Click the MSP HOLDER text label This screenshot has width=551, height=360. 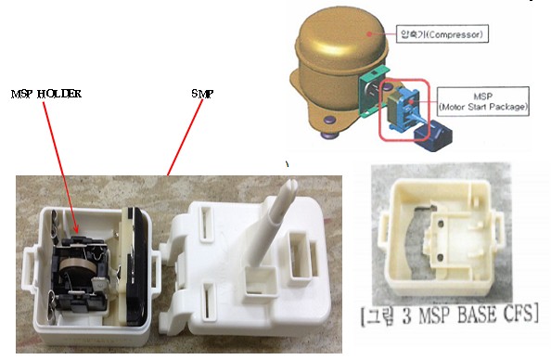click(46, 94)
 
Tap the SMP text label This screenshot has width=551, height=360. click(202, 94)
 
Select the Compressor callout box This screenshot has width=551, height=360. click(442, 33)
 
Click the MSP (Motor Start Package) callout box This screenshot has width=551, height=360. click(483, 101)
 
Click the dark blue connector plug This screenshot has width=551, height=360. click(433, 135)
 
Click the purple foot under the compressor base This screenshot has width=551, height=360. click(330, 120)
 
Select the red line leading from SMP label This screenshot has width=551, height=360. click(185, 137)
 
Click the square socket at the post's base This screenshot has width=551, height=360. click(261, 280)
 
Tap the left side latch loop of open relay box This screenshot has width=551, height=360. click(28, 265)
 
